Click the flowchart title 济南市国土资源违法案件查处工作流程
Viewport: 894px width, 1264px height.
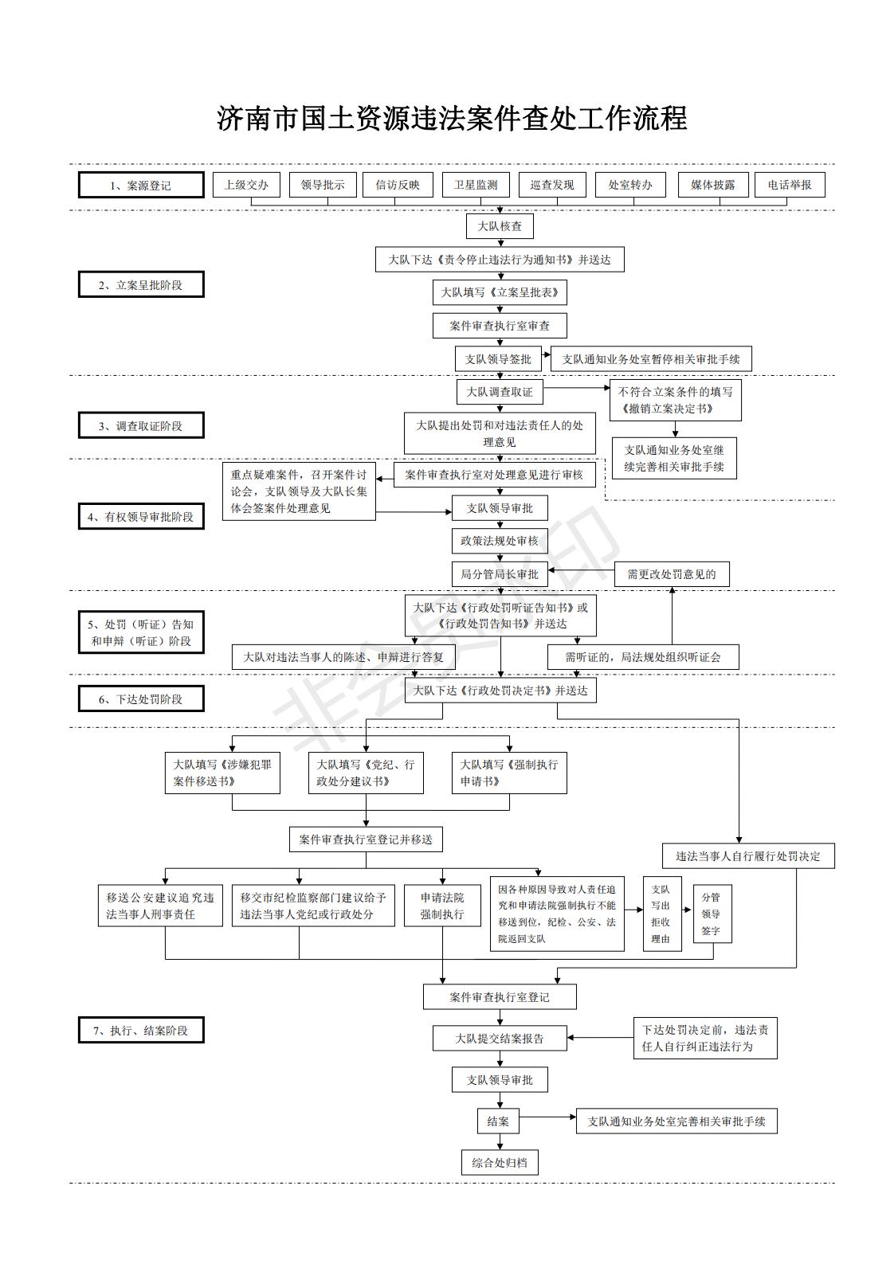[452, 119]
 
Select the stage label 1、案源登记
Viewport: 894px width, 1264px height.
[141, 185]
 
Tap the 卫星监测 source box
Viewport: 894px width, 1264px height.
[476, 185]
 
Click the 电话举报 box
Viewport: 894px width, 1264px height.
[790, 185]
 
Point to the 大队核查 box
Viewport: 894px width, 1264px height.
[500, 226]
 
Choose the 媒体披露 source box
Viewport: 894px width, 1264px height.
[713, 185]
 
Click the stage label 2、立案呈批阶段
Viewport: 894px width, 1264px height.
[141, 284]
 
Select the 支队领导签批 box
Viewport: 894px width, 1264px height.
[498, 359]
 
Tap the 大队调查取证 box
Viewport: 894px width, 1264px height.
[500, 392]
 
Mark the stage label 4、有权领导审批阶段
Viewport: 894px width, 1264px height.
[141, 516]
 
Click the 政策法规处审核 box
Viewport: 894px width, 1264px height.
[500, 541]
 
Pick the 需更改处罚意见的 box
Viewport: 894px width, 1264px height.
[672, 574]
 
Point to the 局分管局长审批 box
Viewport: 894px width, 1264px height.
[500, 574]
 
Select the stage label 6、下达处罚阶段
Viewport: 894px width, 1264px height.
[141, 699]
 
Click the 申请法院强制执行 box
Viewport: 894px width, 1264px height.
[442, 906]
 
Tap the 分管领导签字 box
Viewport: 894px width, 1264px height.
[712, 914]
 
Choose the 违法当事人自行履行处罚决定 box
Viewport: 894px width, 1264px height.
[748, 856]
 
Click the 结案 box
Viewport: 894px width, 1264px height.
[498, 1121]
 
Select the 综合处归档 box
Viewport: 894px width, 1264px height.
[500, 1162]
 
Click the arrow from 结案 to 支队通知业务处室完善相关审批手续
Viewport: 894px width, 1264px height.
[547, 1117]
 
